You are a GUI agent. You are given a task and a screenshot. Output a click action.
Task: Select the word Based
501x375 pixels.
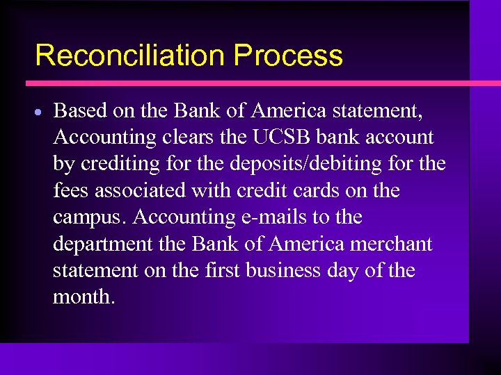coord(79,110)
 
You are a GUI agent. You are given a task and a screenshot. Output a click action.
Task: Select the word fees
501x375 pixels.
coord(69,190)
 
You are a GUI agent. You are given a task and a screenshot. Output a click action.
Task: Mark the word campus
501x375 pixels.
coord(90,217)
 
